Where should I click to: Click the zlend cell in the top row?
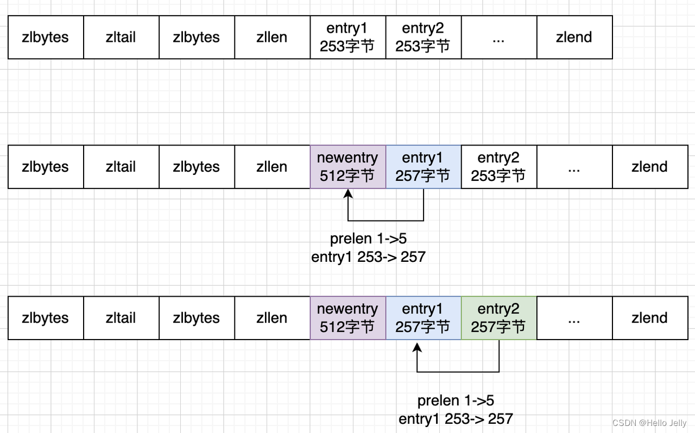coord(574,37)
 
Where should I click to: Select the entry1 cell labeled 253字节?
coord(347,37)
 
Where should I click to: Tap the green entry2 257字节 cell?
coord(498,318)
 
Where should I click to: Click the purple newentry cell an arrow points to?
coord(347,167)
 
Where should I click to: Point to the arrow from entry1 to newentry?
coord(386,220)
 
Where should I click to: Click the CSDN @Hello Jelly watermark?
coord(649,423)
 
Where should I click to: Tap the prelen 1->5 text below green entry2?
coord(456,401)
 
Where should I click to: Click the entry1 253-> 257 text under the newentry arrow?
coord(368,257)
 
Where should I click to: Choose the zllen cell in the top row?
coord(272,37)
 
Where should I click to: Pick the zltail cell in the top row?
coord(121,37)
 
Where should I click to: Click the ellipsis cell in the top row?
coord(499,37)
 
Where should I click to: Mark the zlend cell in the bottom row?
coord(650,318)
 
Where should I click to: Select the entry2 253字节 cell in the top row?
coord(423,37)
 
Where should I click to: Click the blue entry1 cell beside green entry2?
coord(423,318)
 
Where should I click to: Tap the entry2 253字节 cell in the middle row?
coord(498,167)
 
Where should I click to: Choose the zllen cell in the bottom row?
coord(272,318)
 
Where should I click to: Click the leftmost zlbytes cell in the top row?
coord(46,37)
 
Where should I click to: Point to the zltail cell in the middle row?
coord(121,167)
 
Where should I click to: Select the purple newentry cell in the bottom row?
coord(347,318)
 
